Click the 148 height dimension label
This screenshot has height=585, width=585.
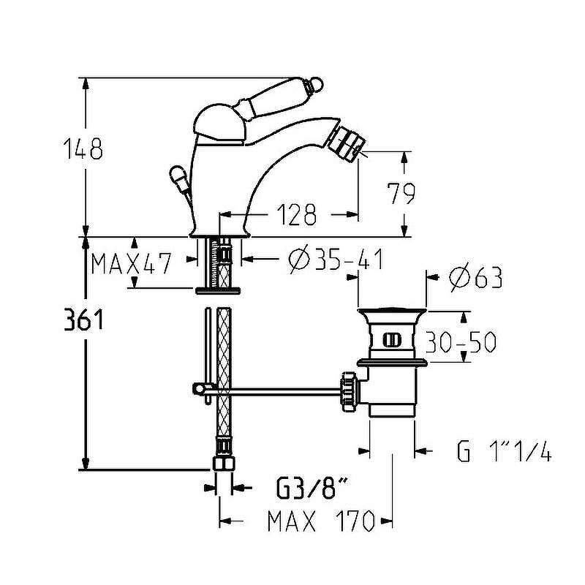(x=83, y=148)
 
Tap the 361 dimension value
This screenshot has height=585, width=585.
(x=83, y=320)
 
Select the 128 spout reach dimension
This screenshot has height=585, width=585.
(x=296, y=214)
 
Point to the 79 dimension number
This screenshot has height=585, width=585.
(x=400, y=194)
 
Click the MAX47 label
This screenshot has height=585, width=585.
(x=132, y=263)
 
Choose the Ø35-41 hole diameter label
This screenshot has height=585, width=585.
(x=336, y=260)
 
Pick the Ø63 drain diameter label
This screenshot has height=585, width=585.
(x=475, y=278)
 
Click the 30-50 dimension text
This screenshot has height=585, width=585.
(x=461, y=341)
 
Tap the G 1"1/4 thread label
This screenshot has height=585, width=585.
(x=504, y=450)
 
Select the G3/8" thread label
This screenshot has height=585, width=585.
(x=312, y=488)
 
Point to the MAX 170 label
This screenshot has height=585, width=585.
(x=321, y=521)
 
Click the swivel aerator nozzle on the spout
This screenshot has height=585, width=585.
(x=344, y=143)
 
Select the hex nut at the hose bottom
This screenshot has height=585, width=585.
(x=224, y=464)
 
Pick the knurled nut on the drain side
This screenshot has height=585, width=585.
(x=350, y=392)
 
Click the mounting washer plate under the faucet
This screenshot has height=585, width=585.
(x=218, y=290)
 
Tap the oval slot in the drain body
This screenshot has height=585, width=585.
(x=391, y=340)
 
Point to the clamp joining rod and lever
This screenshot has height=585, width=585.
(x=203, y=389)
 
